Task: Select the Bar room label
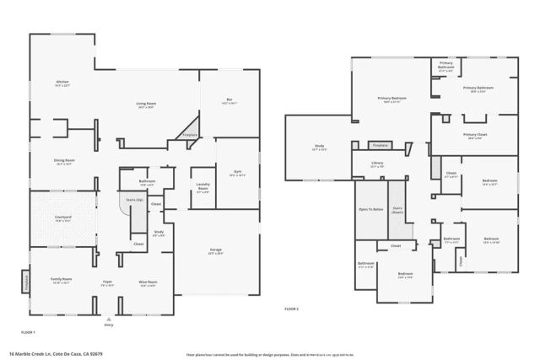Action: pos(229,100)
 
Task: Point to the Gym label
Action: pos(237,173)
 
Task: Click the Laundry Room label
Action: pos(202,190)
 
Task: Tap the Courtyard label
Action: pos(64,218)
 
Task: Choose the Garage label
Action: pos(217,250)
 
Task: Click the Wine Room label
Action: pos(147,283)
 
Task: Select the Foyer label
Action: pos(108,283)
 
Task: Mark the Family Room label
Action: pos(61,281)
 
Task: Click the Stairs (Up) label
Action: pos(133,200)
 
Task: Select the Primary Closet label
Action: pos(475,136)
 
